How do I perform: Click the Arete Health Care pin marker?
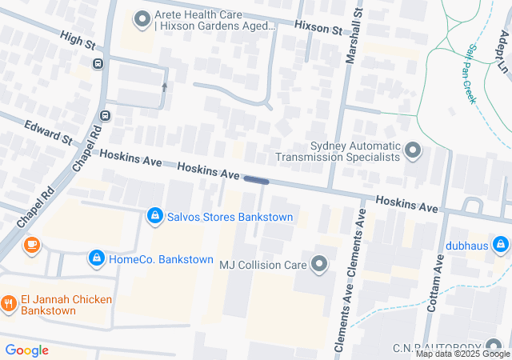tap(143, 18)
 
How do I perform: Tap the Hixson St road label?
tap(318, 27)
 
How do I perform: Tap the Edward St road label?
tap(48, 132)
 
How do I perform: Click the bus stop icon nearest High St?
tap(98, 64)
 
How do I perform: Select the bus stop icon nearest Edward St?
tap(105, 115)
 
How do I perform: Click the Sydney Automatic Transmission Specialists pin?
tap(413, 150)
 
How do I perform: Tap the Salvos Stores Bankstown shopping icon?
tap(154, 216)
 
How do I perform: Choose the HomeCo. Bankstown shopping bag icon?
tap(96, 258)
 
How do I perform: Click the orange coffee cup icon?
tap(31, 244)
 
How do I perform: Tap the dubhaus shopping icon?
tap(500, 243)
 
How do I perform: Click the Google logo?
tap(26, 350)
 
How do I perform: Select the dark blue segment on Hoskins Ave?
tap(256, 181)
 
